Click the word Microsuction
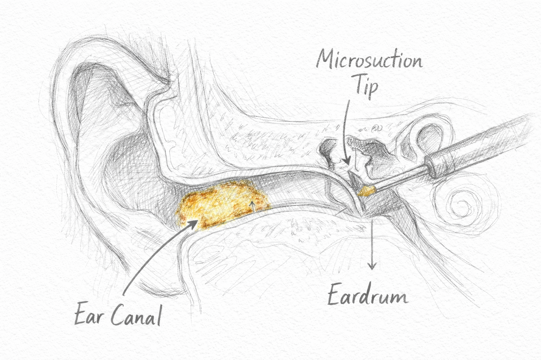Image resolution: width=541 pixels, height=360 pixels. click(x=369, y=61)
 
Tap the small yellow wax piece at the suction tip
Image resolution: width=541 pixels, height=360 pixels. click(x=367, y=191)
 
